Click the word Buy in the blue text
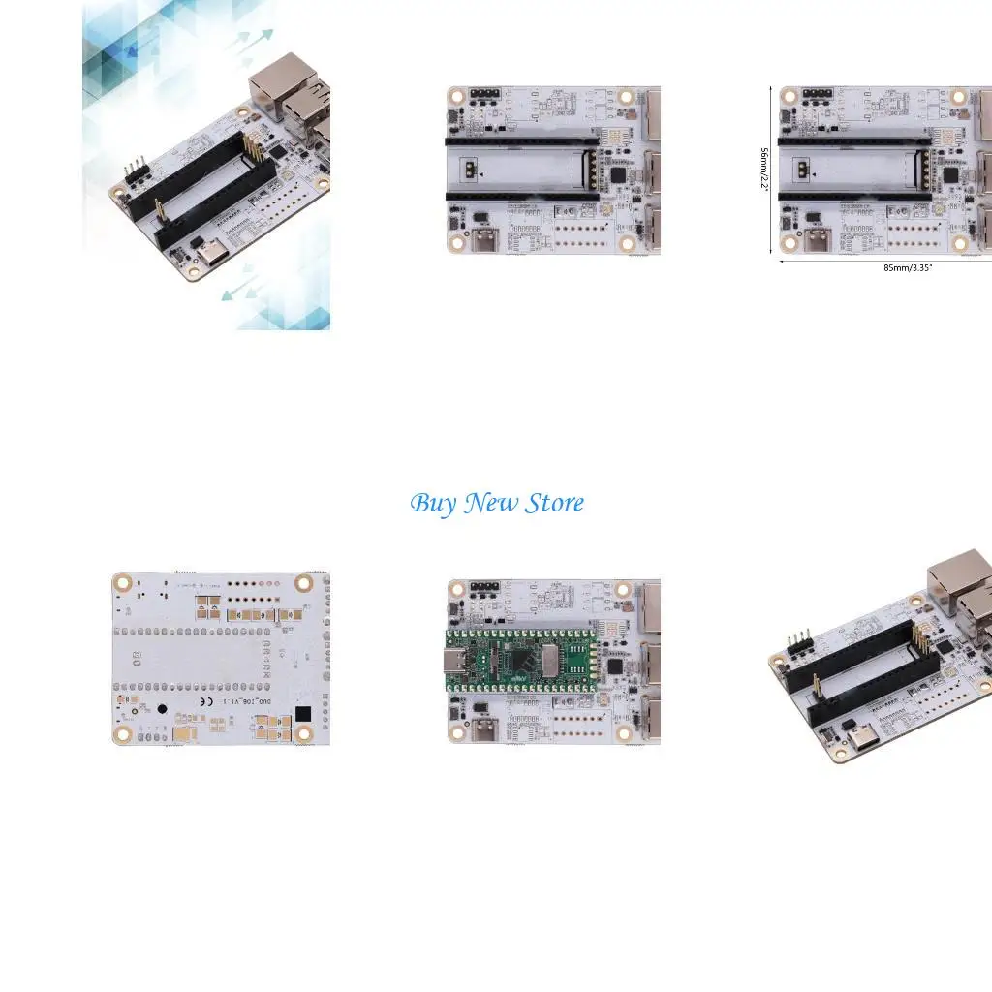pos(433,504)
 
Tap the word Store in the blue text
pos(555,504)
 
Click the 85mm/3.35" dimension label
pos(908,267)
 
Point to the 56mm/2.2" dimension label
pos(765,169)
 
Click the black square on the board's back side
pos(303,714)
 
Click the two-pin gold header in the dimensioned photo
pos(803,169)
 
